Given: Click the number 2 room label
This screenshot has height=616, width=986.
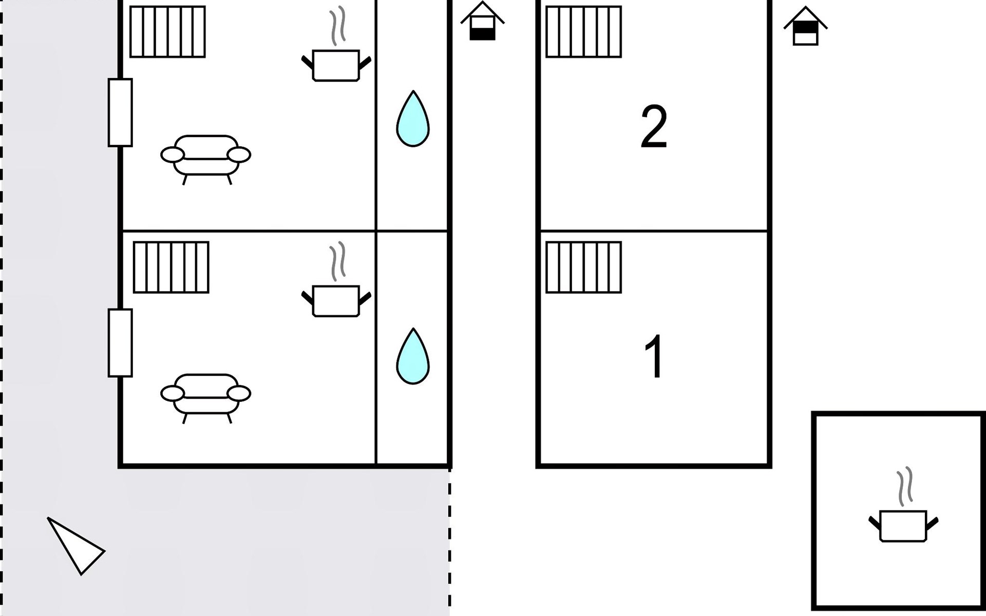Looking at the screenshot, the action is coord(654,127).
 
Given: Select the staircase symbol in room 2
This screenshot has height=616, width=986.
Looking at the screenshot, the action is coord(583,31).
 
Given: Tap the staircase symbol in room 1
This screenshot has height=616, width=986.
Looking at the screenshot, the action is coord(583,267).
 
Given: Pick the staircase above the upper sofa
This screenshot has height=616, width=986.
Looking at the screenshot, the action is coord(167,31).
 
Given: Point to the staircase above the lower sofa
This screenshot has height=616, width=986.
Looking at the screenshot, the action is coord(171,267).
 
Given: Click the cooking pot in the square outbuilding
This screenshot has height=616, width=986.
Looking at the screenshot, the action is coord(903,526).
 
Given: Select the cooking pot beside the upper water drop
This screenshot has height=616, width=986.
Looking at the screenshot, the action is coord(336,65).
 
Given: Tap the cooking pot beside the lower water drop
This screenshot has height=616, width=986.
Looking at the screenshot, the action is coord(336,301).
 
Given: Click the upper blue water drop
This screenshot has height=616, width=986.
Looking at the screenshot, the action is coord(413,119).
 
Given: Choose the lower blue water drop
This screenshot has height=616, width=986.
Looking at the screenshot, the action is coord(413,356).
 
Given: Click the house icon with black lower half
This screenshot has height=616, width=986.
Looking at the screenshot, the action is coord(482,21).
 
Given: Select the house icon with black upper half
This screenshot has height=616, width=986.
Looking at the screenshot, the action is coord(805,26).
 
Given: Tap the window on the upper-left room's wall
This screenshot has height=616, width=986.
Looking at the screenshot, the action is coord(120,112).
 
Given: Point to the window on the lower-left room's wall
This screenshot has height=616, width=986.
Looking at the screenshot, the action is coord(120,343).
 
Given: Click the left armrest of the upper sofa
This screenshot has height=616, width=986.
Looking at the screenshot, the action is coord(173,155).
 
